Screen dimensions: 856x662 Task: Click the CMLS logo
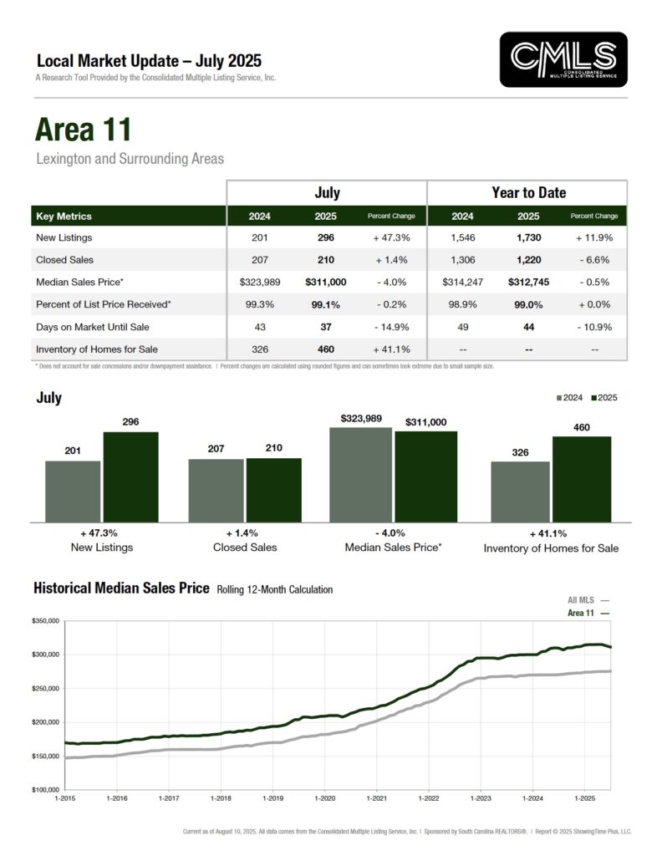click(x=563, y=59)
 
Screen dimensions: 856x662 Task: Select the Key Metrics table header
click(x=64, y=216)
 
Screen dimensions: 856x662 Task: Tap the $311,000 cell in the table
click(x=327, y=283)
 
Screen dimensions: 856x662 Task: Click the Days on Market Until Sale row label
click(x=88, y=327)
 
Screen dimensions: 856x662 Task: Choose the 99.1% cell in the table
click(x=327, y=305)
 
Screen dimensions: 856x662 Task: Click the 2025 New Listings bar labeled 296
click(x=130, y=476)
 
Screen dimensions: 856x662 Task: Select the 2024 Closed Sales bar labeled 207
click(x=216, y=490)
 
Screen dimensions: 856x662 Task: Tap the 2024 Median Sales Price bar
click(x=360, y=475)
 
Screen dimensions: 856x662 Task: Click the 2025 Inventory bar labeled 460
click(x=582, y=479)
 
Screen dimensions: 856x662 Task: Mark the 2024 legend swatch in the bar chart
click(x=559, y=398)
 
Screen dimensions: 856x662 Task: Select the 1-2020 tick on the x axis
click(x=324, y=800)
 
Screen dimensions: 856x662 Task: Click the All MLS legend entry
click(x=588, y=600)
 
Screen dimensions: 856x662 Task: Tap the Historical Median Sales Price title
click(x=121, y=588)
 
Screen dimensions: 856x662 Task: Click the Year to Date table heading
click(x=527, y=192)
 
